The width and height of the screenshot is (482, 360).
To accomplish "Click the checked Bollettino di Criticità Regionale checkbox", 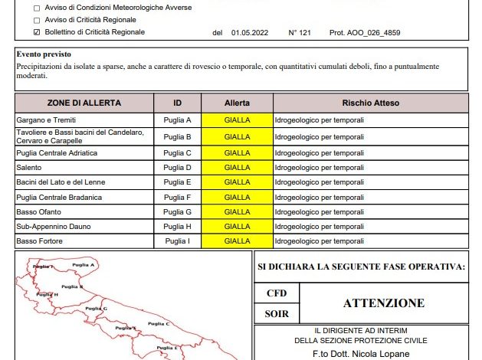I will [37, 32].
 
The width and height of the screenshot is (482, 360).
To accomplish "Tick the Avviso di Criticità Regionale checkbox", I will [37, 20].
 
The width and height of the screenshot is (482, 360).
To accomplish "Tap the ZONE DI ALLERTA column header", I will [84, 103].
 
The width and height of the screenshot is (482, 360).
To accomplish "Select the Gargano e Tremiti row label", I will [47, 121].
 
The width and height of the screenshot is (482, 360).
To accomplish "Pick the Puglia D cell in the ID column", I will [178, 168].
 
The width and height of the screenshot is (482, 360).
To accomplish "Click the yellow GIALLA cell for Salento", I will [238, 168].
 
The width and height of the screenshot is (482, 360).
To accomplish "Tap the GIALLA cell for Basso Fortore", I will [238, 241].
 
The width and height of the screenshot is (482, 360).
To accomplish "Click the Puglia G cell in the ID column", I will [178, 212].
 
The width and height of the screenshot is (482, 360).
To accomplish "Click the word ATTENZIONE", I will [383, 303].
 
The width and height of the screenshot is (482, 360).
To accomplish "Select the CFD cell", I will [276, 293].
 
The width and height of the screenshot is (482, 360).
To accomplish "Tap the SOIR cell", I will [276, 313].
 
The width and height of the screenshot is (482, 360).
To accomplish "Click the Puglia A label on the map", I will [82, 265].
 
